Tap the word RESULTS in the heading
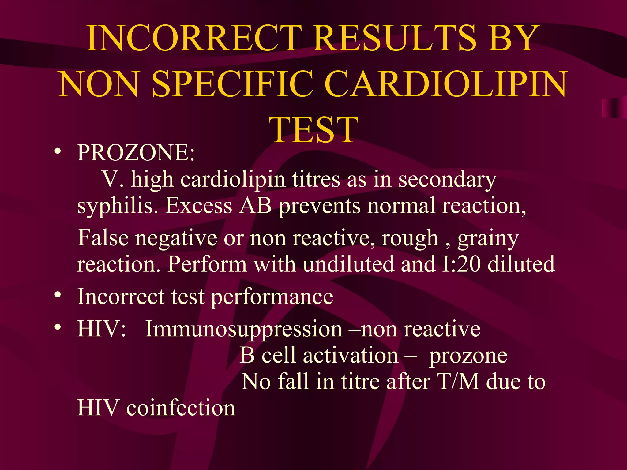pyautogui.click(x=395, y=38)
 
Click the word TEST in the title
pyautogui.click(x=313, y=130)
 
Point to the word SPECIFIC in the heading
pyautogui.click(x=233, y=84)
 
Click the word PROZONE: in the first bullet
pyautogui.click(x=136, y=152)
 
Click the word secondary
pyautogui.click(x=447, y=180)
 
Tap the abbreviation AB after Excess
pyautogui.click(x=256, y=206)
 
